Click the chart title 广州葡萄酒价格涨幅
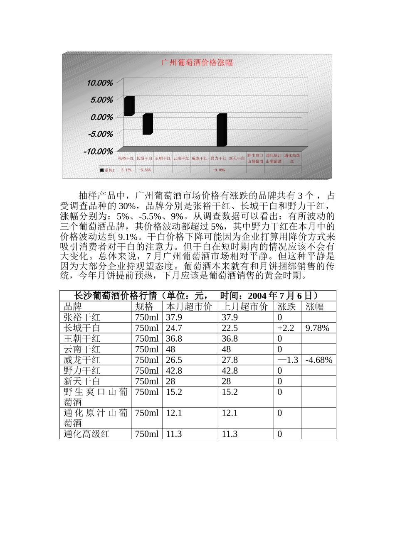[197, 63]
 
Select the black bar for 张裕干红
[129, 106]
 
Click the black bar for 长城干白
[147, 124]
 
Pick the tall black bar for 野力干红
[221, 130]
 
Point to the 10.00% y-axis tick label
[100, 83]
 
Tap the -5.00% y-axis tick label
[100, 134]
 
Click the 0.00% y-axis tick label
[101, 117]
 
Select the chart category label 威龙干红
[200, 159]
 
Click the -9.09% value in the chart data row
[219, 170]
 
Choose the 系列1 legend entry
[107, 170]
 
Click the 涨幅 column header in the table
[315, 307]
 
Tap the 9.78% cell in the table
[317, 328]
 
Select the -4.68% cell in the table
[319, 360]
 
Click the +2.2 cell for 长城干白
[286, 328]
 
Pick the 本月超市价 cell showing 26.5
[174, 360]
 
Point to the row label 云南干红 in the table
[82, 349]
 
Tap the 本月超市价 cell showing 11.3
[174, 434]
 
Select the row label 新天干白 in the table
[82, 381]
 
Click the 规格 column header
[144, 307]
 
